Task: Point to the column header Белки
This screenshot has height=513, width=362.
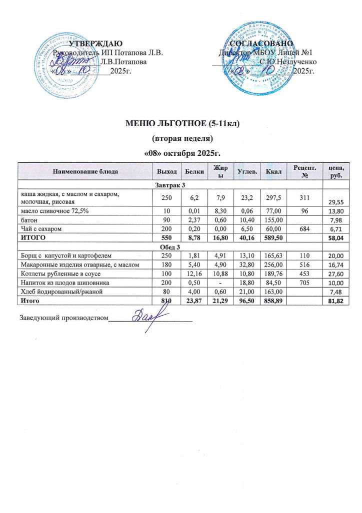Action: coord(190,172)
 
